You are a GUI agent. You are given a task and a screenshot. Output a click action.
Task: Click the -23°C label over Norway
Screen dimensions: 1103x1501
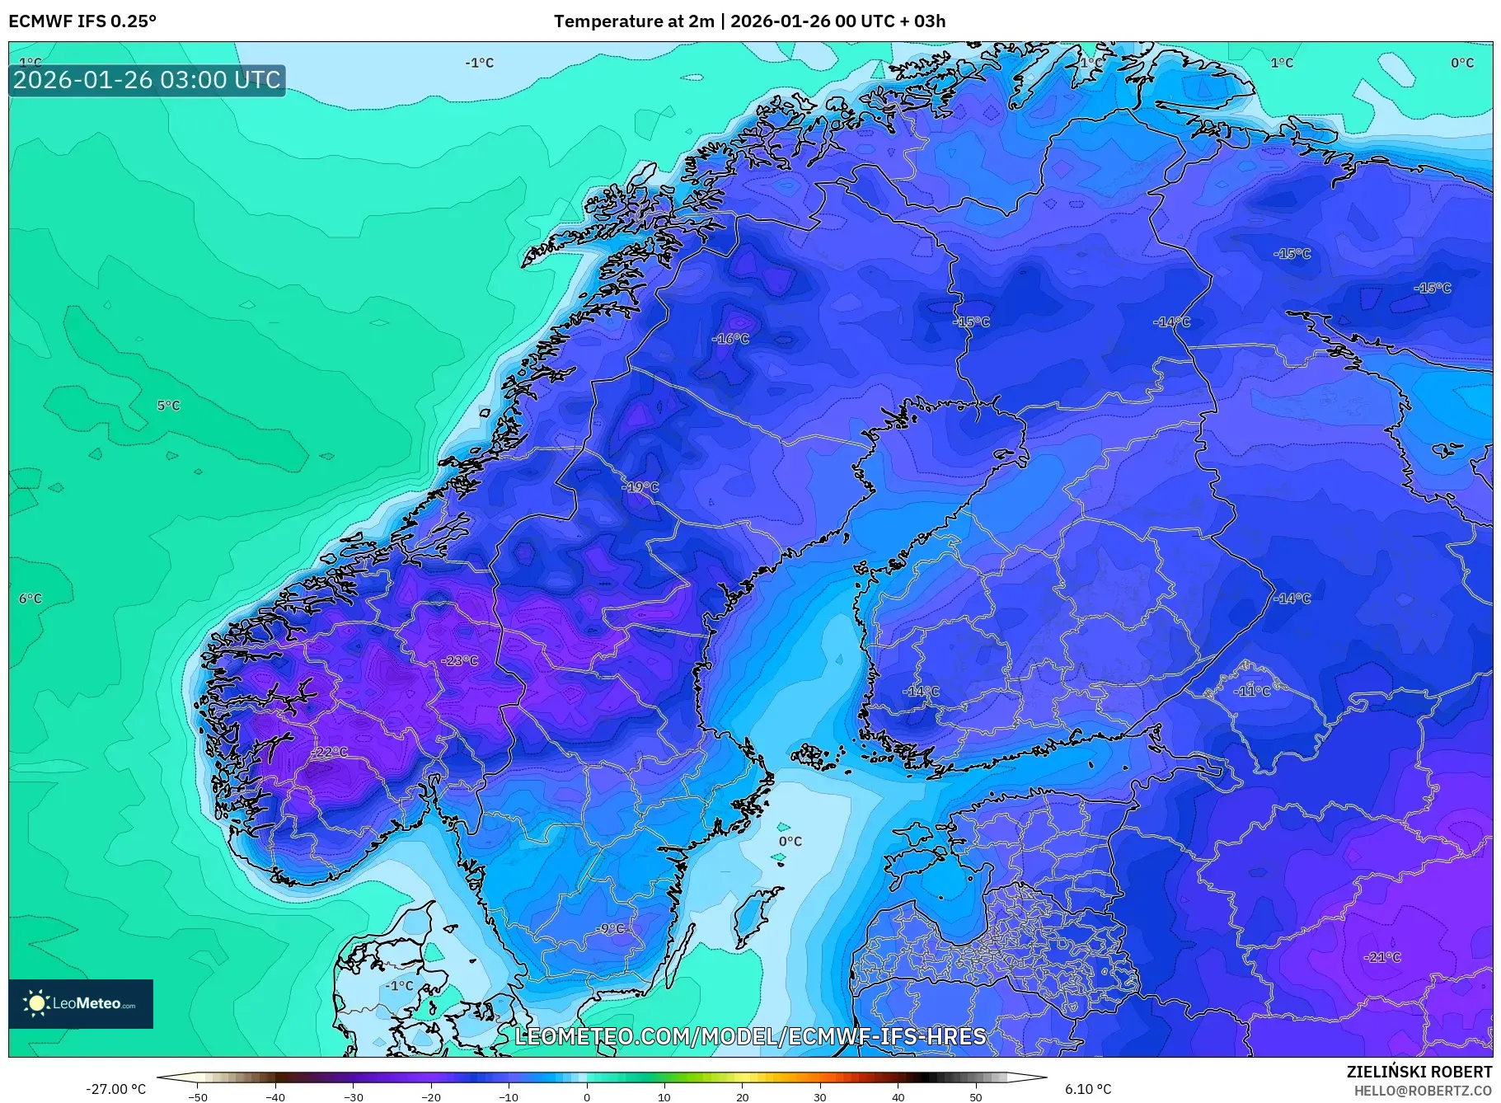(x=460, y=661)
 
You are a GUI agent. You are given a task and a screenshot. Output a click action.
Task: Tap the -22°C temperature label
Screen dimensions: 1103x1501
(x=331, y=753)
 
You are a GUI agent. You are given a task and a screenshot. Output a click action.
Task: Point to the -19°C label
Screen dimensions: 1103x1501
(x=640, y=487)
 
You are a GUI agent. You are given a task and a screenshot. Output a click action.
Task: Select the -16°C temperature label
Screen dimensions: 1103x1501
(x=731, y=339)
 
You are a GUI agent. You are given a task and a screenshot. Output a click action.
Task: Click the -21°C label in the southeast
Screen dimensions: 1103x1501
(x=1383, y=957)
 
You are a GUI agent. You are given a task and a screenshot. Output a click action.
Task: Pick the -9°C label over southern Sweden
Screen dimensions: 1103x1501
(x=611, y=929)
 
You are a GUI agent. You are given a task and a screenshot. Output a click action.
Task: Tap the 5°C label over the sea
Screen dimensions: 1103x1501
(x=168, y=406)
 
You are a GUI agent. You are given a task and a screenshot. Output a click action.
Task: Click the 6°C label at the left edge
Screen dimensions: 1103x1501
(x=30, y=598)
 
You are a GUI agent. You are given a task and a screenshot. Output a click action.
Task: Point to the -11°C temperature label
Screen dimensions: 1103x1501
(x=1252, y=691)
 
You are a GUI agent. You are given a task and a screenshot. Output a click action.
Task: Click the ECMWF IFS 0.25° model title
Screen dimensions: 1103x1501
(x=82, y=21)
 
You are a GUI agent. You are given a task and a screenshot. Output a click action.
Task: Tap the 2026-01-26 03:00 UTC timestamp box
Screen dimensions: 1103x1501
(x=147, y=80)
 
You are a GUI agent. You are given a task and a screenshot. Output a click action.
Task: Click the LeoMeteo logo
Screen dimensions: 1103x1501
(x=81, y=1003)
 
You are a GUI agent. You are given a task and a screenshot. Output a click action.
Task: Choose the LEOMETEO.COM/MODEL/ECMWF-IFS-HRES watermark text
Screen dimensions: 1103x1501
(x=750, y=1036)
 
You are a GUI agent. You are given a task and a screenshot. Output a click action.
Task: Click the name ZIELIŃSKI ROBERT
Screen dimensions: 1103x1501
(x=1419, y=1072)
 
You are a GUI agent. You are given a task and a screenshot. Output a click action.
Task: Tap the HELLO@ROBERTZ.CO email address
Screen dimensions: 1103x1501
(x=1423, y=1091)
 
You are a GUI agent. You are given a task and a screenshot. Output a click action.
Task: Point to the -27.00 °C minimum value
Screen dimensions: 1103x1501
(x=115, y=1089)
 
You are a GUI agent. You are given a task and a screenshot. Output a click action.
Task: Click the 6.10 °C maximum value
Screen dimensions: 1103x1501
(x=1087, y=1089)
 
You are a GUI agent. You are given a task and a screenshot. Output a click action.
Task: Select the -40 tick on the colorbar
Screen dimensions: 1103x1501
(x=275, y=1097)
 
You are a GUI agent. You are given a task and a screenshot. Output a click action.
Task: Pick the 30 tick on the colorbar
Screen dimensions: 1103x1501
(x=820, y=1097)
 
